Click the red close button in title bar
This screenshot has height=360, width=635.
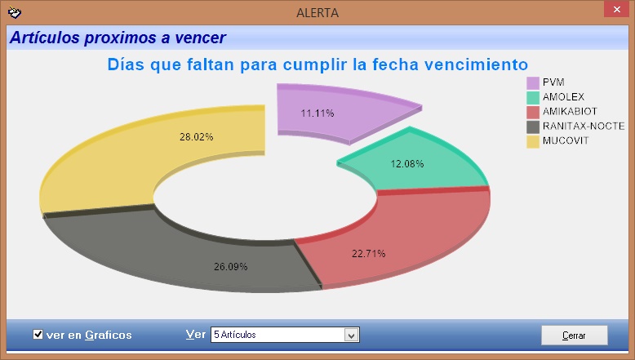pos(616,9)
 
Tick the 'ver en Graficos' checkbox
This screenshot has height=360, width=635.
pos(38,334)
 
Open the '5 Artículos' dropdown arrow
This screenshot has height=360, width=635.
pos(352,335)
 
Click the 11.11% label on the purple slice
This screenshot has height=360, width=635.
pos(317,113)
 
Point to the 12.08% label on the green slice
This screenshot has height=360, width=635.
pos(407,164)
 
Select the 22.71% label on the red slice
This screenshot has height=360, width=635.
pos(369,254)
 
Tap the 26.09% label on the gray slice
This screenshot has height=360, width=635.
pos(230,267)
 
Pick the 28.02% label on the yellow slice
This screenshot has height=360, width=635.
pos(197,137)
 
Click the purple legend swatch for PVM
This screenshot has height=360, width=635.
pos(533,83)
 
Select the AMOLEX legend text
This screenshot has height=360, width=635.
pos(563,97)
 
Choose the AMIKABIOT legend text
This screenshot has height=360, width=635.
pos(570,111)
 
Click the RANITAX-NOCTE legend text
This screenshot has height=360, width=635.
pos(584,127)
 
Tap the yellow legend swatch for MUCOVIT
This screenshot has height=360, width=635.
pos(533,141)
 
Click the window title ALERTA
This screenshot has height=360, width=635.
pos(317,13)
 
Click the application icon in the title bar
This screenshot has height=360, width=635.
pos(15,12)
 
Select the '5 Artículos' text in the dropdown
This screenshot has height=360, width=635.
pos(235,335)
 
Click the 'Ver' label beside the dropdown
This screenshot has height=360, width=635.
pos(196,335)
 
